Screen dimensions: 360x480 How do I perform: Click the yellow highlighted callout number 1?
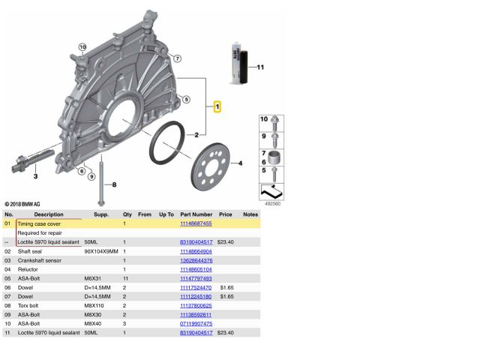point(217,106)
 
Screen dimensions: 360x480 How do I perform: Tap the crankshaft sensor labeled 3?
point(30,159)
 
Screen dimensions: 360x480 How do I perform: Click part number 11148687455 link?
point(196,223)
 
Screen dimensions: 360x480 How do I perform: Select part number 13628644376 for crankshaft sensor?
point(196,259)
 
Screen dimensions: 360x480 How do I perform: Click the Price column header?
point(225,214)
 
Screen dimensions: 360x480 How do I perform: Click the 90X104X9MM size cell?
point(101,250)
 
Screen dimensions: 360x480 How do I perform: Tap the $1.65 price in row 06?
point(226,286)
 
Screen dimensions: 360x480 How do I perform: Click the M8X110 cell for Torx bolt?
point(94,304)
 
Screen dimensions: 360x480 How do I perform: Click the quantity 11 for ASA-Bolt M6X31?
point(126,277)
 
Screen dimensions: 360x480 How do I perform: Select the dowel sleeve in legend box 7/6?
point(276,157)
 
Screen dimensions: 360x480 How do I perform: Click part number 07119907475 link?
point(196,322)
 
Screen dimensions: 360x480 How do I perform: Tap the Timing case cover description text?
point(39,223)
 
